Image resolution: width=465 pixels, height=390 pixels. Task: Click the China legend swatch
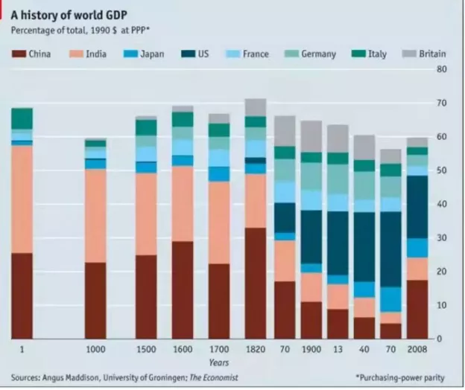19,54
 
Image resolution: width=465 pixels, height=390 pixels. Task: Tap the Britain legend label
432,54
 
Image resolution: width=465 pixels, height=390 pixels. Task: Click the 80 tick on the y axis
441,68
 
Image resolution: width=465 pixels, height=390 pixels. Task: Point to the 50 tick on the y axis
441,170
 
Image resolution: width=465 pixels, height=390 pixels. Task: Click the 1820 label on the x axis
255,349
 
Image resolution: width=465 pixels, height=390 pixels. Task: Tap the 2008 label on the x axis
417,349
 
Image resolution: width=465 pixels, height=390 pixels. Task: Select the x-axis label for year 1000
95,349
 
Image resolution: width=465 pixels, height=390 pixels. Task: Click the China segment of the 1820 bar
255,283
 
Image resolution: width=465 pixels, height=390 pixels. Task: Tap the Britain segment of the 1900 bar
311,136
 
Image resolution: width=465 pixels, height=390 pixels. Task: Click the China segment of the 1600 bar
183,290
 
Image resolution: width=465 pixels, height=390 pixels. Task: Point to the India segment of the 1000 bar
95,216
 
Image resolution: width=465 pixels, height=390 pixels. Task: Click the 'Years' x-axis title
218,362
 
